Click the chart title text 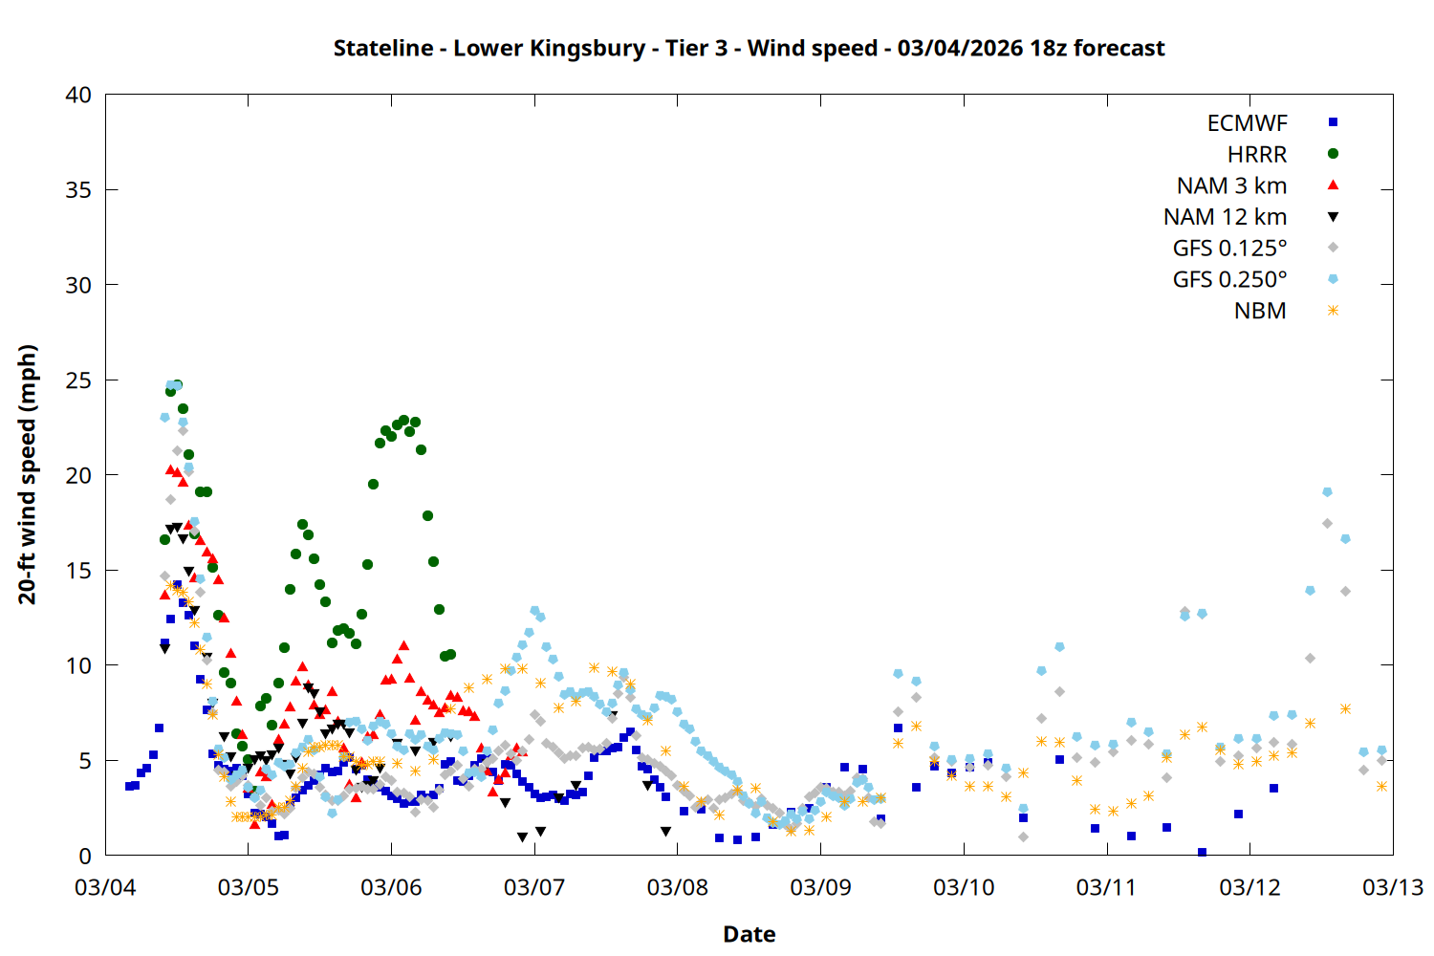(x=749, y=48)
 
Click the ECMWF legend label (x=1247, y=123)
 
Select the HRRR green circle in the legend (x=1333, y=154)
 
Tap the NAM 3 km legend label (x=1231, y=185)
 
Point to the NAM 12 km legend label (x=1225, y=217)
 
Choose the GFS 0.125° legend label (x=1229, y=249)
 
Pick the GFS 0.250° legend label (x=1229, y=280)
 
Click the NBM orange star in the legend (x=1333, y=311)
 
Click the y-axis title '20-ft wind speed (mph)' (x=28, y=474)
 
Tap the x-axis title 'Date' (x=749, y=934)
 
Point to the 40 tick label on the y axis (x=79, y=95)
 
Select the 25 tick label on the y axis (x=79, y=380)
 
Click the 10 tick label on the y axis (x=79, y=665)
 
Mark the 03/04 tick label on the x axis (x=105, y=887)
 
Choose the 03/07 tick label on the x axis (x=534, y=887)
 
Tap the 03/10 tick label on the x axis (x=964, y=887)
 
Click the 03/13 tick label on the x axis (x=1392, y=887)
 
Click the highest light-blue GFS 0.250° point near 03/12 (x=1327, y=492)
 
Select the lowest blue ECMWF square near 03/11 (x=1202, y=852)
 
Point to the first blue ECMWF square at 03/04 (x=129, y=786)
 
